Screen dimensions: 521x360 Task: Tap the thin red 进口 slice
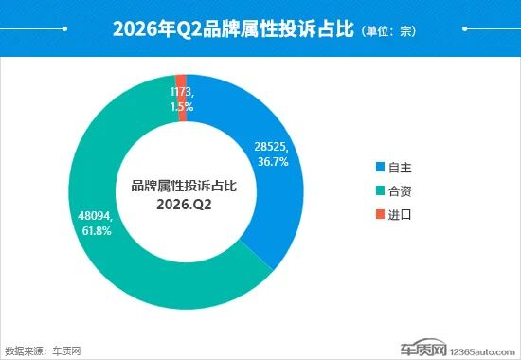[181, 99]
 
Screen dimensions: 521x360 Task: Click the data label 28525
[271, 146]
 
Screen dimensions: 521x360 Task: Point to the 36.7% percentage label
[273, 162]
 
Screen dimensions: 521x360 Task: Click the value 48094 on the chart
[96, 216]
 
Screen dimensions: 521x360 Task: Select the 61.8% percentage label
[97, 231]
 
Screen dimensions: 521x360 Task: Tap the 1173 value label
[182, 91]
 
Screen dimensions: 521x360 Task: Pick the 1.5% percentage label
[182, 107]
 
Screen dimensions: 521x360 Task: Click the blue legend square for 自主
[380, 167]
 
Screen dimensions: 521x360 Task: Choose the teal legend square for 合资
[380, 190]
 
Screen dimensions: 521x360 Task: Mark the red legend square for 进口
[380, 214]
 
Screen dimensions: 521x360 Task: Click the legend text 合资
[400, 191]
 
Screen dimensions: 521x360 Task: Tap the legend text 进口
[400, 215]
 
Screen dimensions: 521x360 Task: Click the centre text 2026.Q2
[184, 205]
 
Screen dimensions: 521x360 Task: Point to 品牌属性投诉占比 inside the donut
[184, 186]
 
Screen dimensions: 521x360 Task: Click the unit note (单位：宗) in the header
[387, 31]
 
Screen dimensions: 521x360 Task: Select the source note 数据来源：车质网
[44, 351]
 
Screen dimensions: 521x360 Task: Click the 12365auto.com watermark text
[482, 352]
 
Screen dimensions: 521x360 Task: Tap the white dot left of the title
[64, 29]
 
